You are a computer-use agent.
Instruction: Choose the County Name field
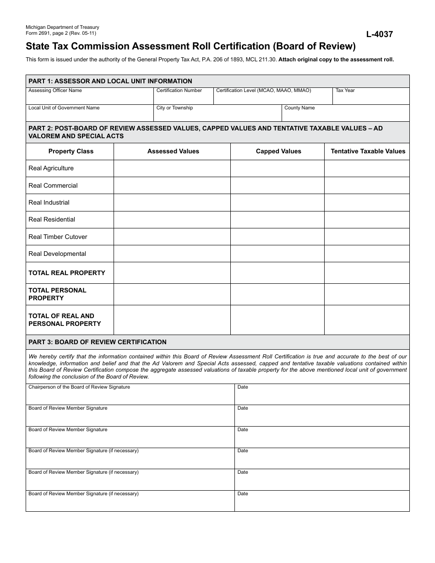345,115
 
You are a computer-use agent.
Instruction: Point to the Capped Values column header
278,152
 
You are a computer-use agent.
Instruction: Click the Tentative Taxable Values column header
368,152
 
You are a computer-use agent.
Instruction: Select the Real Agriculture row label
51,168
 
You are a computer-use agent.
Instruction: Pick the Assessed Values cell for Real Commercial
172,185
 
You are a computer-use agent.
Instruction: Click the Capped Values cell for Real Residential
277,220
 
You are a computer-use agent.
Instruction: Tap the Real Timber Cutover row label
58,237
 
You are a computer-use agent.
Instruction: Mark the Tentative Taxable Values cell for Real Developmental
367,254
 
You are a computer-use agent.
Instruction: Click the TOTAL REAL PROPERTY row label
67,273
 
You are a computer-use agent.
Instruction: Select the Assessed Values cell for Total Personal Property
172,294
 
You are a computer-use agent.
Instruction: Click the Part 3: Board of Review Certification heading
98,342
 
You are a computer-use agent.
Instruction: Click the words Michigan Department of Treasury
62,27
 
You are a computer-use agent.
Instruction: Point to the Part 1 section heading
110,81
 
